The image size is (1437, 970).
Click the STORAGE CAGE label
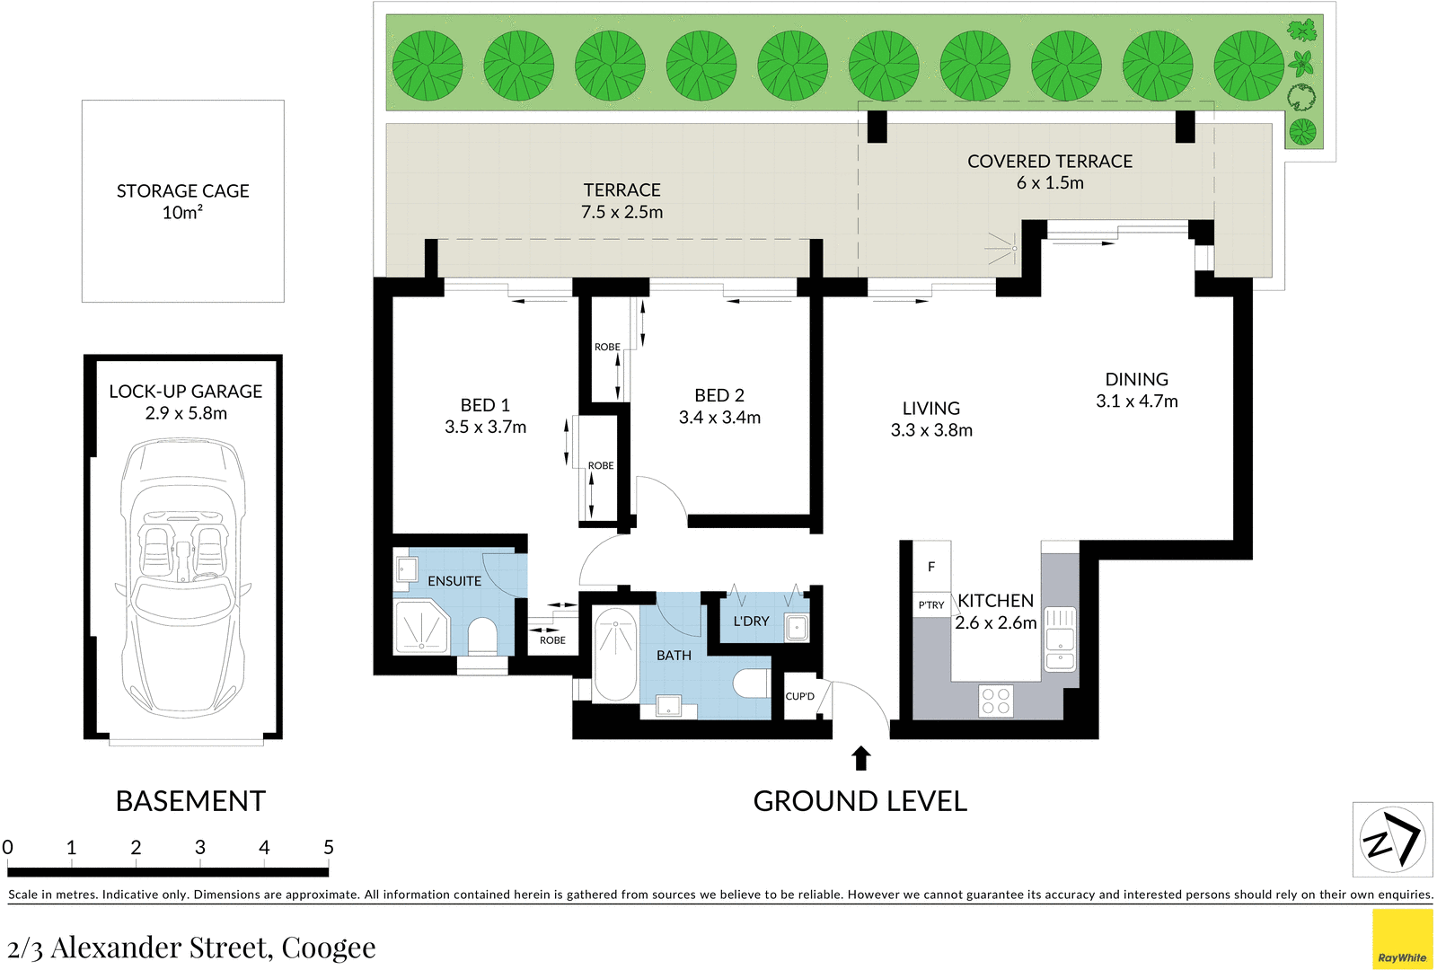click(182, 191)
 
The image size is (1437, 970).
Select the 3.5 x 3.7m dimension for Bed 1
click(485, 428)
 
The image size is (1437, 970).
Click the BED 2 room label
click(719, 396)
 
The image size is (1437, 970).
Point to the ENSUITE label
click(454, 581)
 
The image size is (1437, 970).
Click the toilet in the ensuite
click(482, 636)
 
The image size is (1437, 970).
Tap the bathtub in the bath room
click(615, 653)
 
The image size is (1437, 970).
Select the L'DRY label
click(751, 622)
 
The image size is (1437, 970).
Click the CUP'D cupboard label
click(799, 696)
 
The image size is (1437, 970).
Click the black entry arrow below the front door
click(861, 759)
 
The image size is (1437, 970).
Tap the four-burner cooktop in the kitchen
click(995, 701)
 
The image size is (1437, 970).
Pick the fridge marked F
click(931, 567)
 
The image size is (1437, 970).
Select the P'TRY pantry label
click(931, 605)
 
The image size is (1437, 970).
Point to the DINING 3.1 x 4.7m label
click(1137, 391)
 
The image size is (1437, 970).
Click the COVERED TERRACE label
click(1050, 162)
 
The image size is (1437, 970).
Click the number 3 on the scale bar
click(200, 848)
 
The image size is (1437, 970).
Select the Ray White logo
click(1402, 939)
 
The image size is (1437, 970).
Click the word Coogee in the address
click(329, 948)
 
